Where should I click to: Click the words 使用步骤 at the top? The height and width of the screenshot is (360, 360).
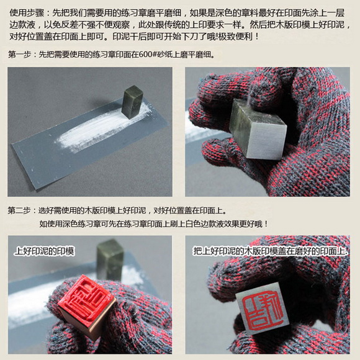[27, 13]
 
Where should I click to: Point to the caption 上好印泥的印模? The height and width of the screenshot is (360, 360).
[44, 251]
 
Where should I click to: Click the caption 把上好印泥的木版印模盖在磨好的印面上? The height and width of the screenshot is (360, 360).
[270, 251]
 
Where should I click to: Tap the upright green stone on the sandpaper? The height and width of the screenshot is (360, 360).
[132, 102]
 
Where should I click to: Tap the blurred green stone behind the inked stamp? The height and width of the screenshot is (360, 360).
[110, 259]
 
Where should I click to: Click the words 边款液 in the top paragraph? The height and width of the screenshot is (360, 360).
[22, 25]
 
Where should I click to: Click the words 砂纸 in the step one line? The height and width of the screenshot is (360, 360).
[164, 55]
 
